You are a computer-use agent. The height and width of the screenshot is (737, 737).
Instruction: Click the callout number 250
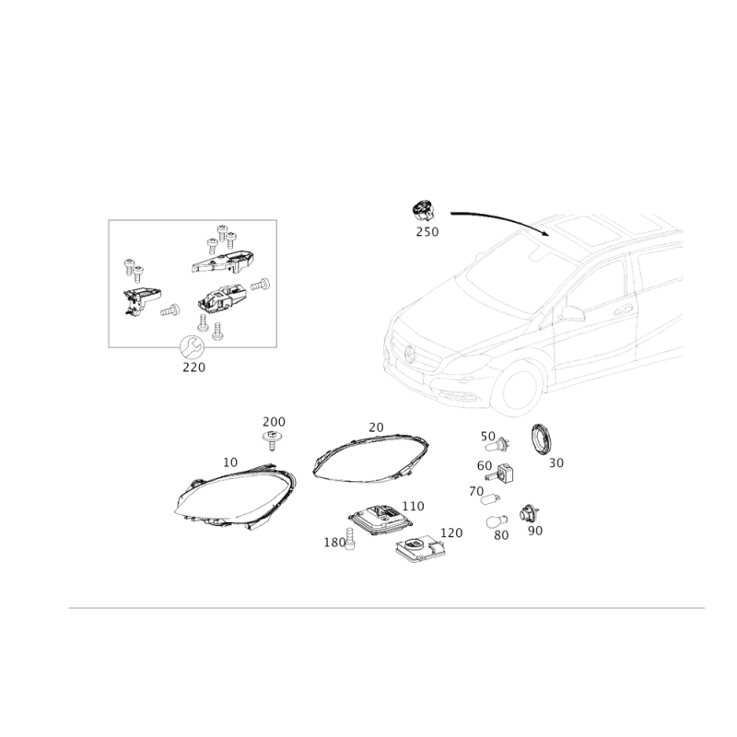pos(427,232)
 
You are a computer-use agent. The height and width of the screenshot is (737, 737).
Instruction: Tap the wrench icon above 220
pos(192,348)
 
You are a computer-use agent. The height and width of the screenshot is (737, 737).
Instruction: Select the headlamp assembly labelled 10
pos(236,498)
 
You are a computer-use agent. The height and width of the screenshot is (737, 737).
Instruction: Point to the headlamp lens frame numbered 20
pos(371,458)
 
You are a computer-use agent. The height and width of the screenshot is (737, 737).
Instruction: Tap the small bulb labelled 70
pos(490,498)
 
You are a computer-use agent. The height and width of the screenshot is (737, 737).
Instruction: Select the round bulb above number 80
pos(497,521)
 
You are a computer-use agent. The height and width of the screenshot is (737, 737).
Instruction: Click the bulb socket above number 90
pos(529,513)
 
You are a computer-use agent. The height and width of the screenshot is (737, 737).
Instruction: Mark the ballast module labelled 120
pos(420,549)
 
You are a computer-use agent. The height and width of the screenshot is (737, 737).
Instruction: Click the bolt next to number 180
pos(350,539)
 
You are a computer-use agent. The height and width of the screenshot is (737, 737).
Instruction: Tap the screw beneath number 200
pos(271,439)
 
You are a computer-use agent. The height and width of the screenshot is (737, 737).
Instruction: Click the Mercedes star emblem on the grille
pos(410,353)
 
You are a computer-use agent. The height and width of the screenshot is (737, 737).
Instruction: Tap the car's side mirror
pos(571,313)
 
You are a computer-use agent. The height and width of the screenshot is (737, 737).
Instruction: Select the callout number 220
pos(193,367)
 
